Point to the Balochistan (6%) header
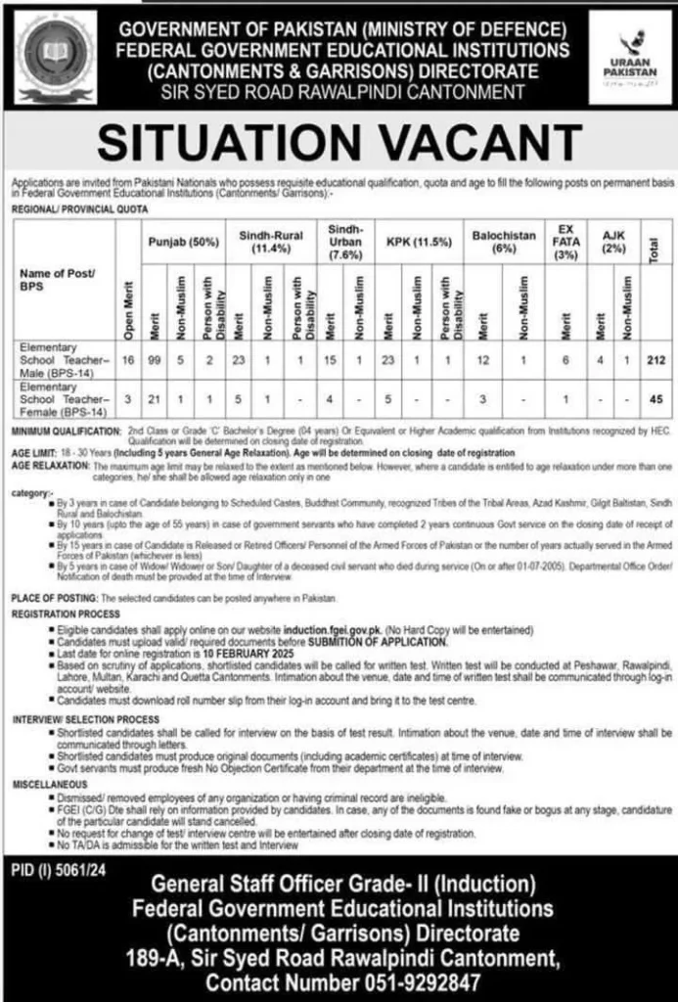(504, 242)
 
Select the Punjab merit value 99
(155, 361)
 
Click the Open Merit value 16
(128, 361)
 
